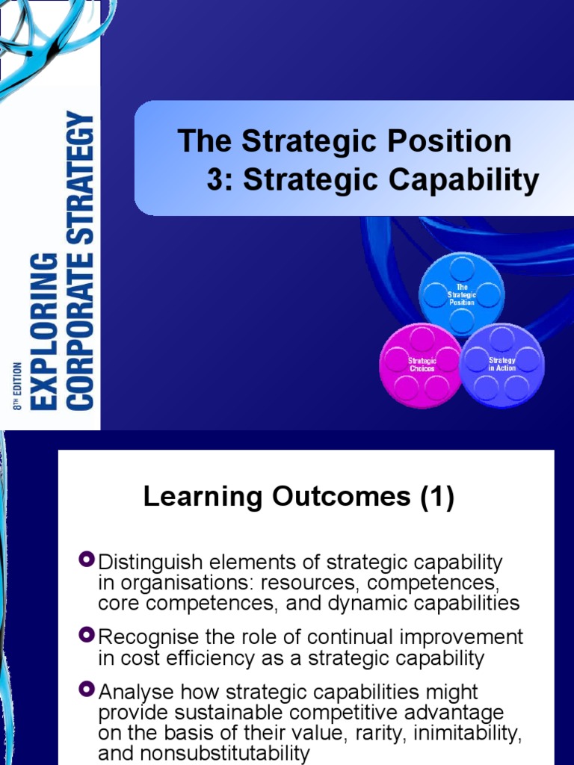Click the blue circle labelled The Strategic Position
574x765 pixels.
click(462, 294)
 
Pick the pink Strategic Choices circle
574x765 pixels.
click(422, 365)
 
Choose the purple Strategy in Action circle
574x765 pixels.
click(502, 365)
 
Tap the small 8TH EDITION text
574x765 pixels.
click(17, 385)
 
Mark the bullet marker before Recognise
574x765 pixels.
click(87, 634)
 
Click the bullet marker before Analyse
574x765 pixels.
click(87, 689)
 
